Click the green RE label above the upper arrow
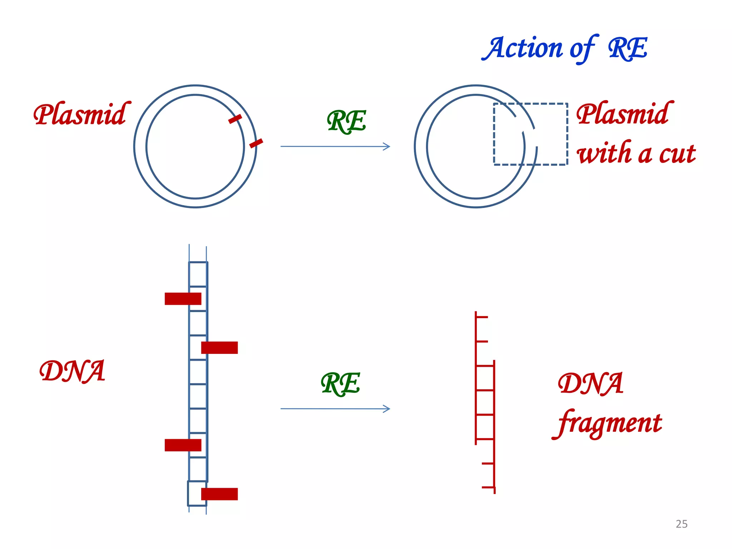tap(346, 122)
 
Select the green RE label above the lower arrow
tap(340, 384)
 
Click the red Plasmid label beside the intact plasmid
tap(80, 114)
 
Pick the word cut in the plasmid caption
tap(677, 154)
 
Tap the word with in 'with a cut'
tap(604, 153)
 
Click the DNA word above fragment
tap(590, 384)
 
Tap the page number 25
tap(681, 524)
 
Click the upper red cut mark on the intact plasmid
tap(235, 119)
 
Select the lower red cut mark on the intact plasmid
tap(256, 143)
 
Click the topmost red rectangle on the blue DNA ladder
tap(183, 299)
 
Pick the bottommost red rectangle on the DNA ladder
tap(219, 494)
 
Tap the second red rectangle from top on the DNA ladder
tap(219, 347)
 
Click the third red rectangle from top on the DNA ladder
tap(183, 445)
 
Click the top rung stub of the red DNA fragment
tap(482, 317)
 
